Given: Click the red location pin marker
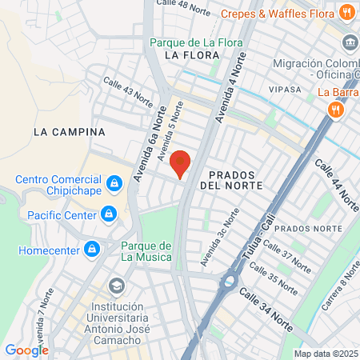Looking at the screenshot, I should [180, 163].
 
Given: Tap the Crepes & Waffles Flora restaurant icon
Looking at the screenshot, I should [346, 12].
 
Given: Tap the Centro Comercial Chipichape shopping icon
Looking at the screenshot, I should [115, 185].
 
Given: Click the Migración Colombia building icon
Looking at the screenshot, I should [350, 42].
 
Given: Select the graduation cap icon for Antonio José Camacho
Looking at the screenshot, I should [117, 286].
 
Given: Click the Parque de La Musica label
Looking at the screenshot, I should [146, 250].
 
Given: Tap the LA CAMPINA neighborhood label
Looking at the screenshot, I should [69, 131].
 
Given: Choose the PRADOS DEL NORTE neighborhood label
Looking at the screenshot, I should [231, 179].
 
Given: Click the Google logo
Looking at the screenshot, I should [26, 350].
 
